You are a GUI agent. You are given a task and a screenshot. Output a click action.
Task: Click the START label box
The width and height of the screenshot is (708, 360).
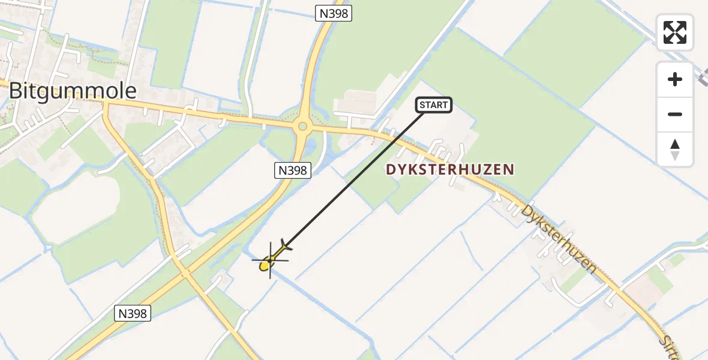pyautogui.click(x=433, y=105)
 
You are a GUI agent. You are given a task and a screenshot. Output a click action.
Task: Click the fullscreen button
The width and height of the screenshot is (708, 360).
pyautogui.click(x=674, y=32)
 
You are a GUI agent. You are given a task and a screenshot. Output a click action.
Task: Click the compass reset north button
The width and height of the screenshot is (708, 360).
pyautogui.click(x=674, y=149)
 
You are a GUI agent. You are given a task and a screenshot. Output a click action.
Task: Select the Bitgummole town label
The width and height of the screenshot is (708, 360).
pyautogui.click(x=73, y=91)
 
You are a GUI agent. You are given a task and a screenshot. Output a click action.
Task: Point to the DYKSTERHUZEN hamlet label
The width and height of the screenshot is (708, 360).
pyautogui.click(x=450, y=170)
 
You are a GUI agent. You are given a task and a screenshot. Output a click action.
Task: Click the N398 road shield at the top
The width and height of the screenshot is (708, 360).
pyautogui.click(x=334, y=13)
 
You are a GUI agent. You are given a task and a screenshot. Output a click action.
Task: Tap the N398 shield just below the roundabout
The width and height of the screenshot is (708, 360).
pyautogui.click(x=293, y=170)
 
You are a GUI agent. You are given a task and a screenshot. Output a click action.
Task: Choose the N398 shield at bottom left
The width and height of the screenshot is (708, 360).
pyautogui.click(x=132, y=313)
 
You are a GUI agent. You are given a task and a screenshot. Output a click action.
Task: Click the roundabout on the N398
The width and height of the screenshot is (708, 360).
pyautogui.click(x=302, y=126)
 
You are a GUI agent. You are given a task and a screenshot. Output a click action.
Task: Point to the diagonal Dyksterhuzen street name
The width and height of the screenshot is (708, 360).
pyautogui.click(x=559, y=239)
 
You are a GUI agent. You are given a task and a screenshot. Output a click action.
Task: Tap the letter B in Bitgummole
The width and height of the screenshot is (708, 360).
pyautogui.click(x=16, y=91)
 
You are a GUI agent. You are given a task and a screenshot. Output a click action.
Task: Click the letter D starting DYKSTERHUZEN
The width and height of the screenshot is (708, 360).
pyautogui.click(x=391, y=170)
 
